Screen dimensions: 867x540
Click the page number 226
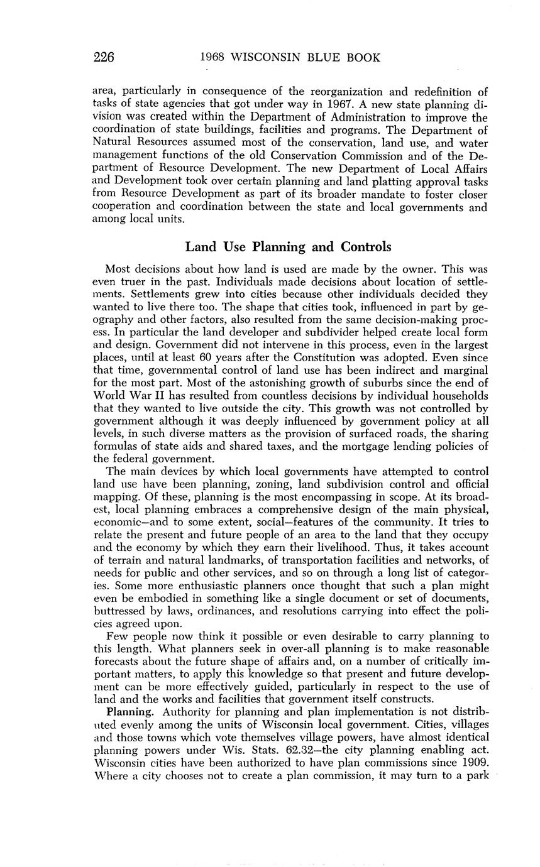click(103, 58)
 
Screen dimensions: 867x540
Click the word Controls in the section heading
click(364, 246)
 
